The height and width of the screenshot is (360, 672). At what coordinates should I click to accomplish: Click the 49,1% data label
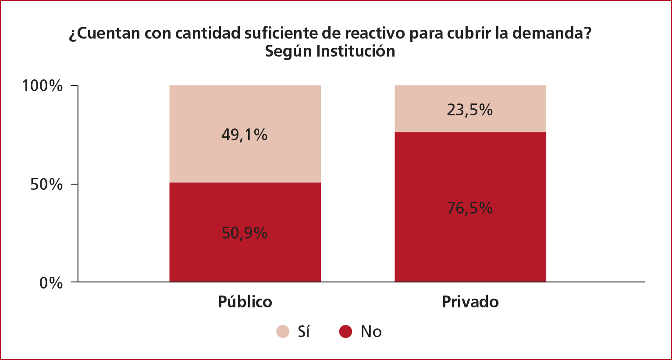pos(244,135)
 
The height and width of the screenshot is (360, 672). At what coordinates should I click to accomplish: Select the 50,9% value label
pos(245,233)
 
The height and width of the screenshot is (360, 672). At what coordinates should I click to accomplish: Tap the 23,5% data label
pos(469,110)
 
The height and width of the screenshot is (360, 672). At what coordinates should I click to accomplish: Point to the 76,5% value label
pos(469,208)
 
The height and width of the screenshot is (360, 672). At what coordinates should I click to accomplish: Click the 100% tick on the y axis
pos(43,86)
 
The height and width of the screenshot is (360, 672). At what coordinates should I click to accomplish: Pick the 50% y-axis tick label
pos(46,185)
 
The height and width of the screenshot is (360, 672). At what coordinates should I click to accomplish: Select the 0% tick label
pos(51,283)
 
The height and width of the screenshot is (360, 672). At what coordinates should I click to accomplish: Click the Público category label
pos(245,302)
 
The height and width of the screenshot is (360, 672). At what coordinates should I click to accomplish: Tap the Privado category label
pos(470,302)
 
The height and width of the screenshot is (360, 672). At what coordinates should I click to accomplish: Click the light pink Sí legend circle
pos(283,331)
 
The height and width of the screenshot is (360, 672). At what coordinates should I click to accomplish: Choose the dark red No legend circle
pos(346,331)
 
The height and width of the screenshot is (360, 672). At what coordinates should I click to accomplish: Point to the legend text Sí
pos(304,331)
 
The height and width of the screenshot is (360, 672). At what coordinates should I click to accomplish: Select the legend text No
pos(371,331)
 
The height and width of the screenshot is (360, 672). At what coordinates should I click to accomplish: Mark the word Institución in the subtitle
pos(356,51)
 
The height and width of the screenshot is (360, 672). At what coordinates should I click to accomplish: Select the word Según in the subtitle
pos(288,51)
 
